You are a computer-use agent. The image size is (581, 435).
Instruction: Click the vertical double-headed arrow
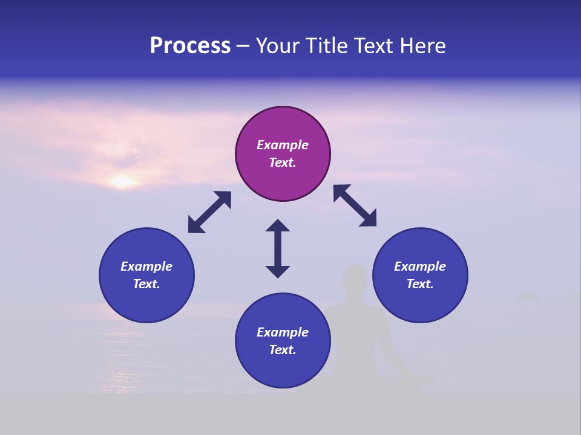coord(278,249)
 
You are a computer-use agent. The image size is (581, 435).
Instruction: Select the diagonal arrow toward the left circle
coord(209,212)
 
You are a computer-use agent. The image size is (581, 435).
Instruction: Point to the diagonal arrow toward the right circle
coord(355,205)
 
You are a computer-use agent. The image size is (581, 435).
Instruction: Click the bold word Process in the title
coord(190,46)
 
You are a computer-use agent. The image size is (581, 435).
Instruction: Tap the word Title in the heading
coord(328,46)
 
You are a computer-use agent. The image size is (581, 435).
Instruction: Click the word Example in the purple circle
coord(283,145)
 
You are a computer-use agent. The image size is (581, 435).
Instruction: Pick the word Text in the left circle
coord(146,284)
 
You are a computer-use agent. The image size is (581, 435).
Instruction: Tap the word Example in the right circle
coord(420,266)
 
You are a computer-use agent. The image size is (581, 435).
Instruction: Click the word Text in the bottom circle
coord(283,350)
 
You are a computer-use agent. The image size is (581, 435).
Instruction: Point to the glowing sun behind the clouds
coord(123,181)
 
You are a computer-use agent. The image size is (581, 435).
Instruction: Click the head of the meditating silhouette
coord(355,279)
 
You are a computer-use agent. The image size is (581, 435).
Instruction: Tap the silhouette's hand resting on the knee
coord(427,379)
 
